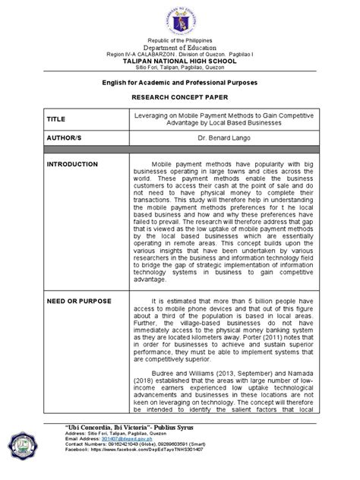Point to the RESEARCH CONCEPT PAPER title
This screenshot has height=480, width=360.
179,97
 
